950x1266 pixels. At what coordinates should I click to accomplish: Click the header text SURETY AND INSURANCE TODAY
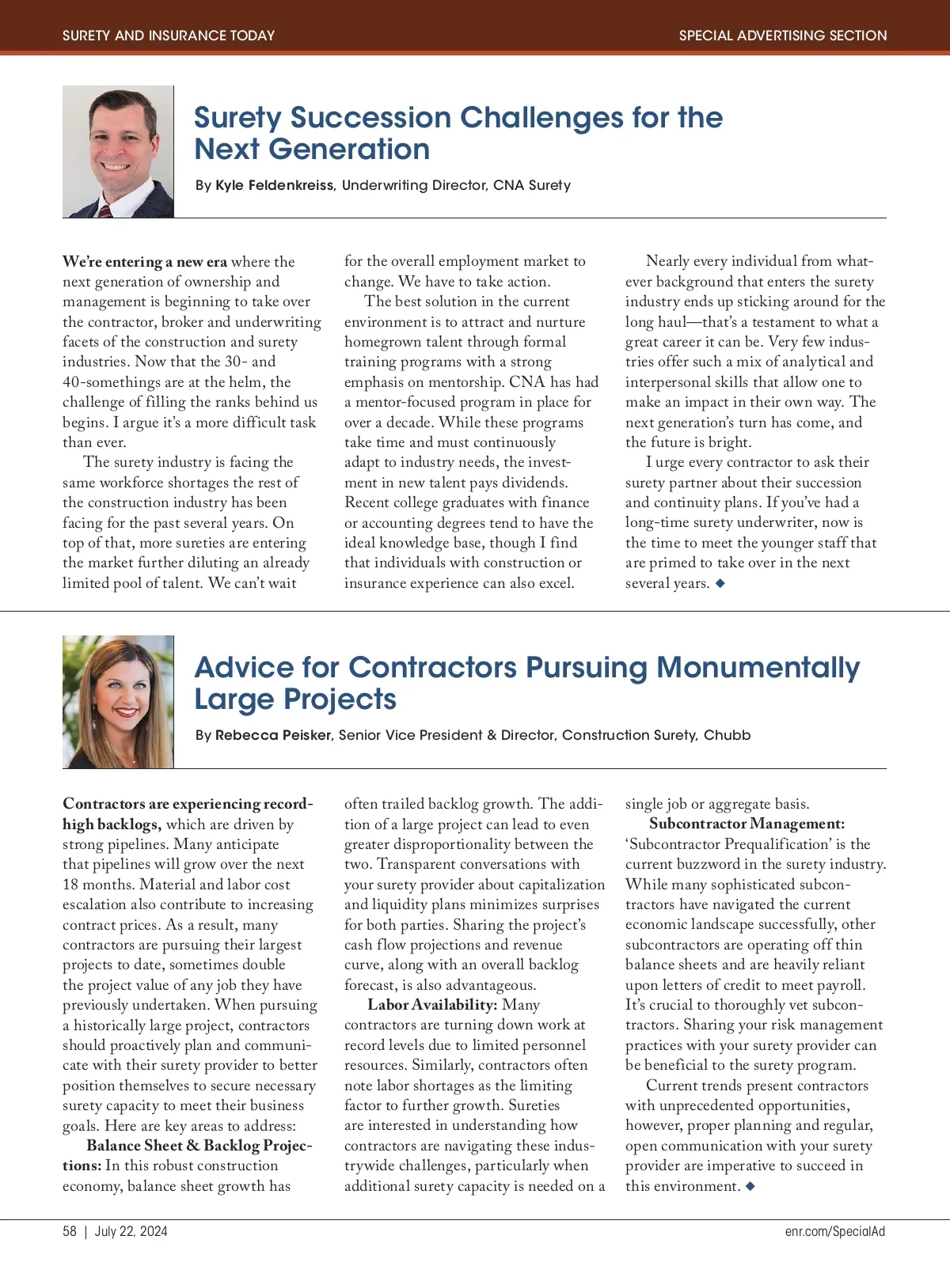tap(169, 36)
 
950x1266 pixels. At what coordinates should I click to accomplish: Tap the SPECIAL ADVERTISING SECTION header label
tap(782, 36)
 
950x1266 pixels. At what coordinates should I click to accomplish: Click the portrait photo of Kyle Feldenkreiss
tap(118, 151)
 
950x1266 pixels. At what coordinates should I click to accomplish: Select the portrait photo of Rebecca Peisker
tap(118, 701)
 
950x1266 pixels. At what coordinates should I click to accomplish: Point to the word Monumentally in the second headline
tap(758, 668)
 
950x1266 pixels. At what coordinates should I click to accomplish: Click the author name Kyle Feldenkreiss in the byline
tap(275, 185)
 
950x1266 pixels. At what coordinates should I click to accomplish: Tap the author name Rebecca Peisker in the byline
tap(273, 735)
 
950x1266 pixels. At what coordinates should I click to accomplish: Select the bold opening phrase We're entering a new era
tap(145, 262)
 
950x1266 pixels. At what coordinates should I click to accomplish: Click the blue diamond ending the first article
tap(720, 583)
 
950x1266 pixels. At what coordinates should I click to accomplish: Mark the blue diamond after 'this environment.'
tap(750, 1186)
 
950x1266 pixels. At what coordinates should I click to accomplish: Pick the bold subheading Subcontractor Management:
tap(747, 824)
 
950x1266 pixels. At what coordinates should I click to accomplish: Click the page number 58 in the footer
tap(70, 1231)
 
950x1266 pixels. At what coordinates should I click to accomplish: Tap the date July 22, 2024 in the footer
tap(131, 1231)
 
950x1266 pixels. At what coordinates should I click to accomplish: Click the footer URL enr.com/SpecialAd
tap(834, 1231)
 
